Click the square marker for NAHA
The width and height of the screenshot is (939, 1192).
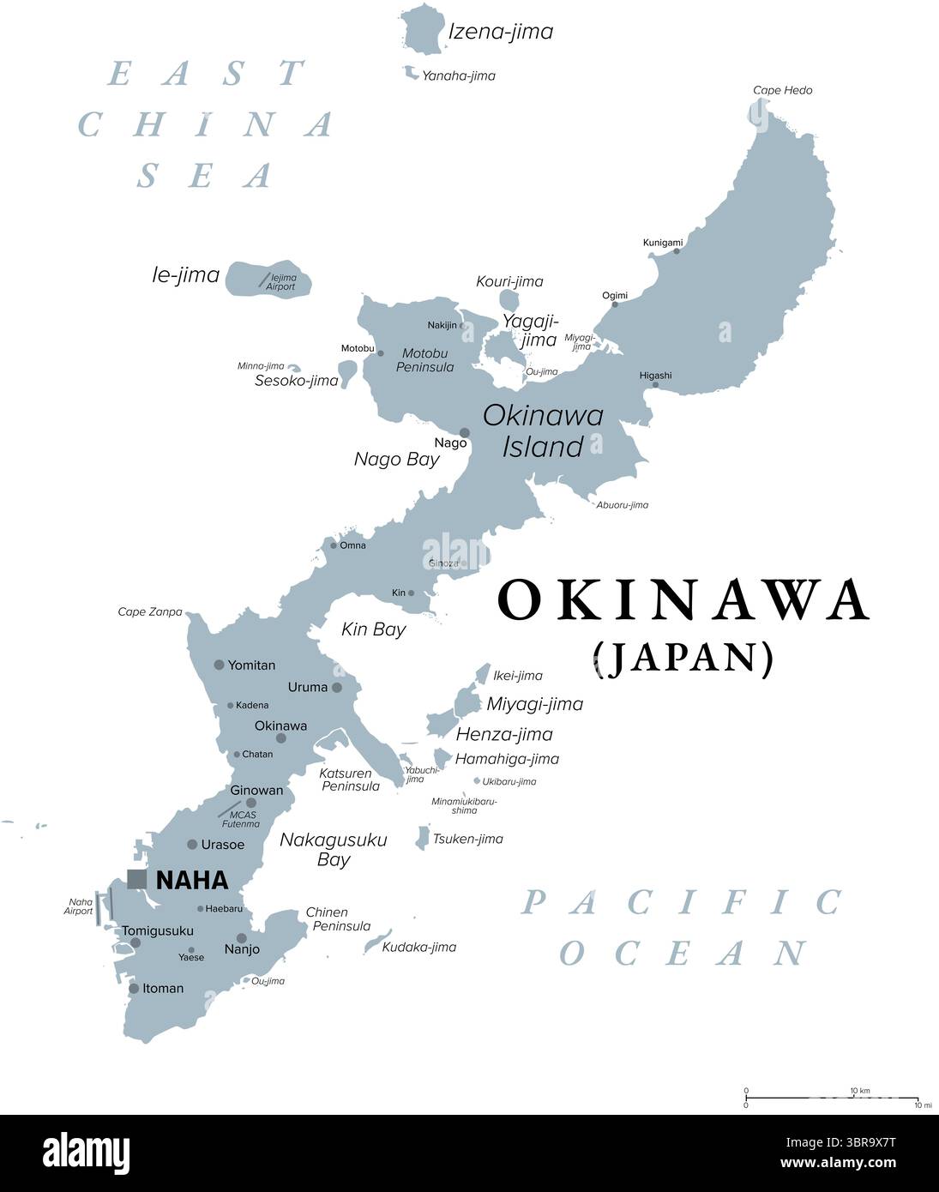pyautogui.click(x=136, y=879)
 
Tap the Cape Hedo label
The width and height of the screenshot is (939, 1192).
pyautogui.click(x=782, y=90)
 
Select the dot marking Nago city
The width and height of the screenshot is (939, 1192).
pyautogui.click(x=465, y=433)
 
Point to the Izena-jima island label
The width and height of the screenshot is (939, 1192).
pyautogui.click(x=501, y=32)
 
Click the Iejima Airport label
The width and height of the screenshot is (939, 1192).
pyautogui.click(x=282, y=282)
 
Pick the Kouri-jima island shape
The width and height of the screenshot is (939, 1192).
pyautogui.click(x=509, y=301)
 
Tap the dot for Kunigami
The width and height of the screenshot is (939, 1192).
pyautogui.click(x=677, y=250)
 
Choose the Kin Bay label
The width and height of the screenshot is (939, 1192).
pyautogui.click(x=373, y=629)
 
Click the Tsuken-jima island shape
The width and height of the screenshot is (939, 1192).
pyautogui.click(x=423, y=837)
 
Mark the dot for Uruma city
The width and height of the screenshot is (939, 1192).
pyautogui.click(x=337, y=688)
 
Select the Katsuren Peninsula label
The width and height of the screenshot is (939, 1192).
pyautogui.click(x=350, y=780)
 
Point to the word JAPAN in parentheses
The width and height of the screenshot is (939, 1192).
pyautogui.click(x=683, y=658)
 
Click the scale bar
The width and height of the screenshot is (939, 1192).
pyautogui.click(x=831, y=1098)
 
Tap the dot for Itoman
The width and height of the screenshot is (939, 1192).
pyautogui.click(x=134, y=989)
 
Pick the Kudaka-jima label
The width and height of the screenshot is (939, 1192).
pyautogui.click(x=418, y=947)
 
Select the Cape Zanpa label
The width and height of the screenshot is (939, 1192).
pyautogui.click(x=150, y=612)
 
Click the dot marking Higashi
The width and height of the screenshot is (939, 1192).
pyautogui.click(x=655, y=385)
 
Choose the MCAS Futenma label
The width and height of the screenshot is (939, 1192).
pyautogui.click(x=240, y=819)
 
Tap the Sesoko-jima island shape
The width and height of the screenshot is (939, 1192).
pyautogui.click(x=347, y=373)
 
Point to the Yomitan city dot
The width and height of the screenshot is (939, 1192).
pyautogui.click(x=219, y=665)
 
